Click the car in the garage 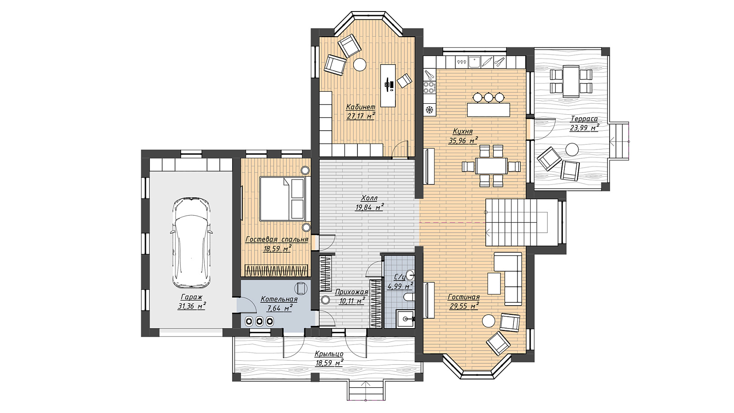[x=191, y=243]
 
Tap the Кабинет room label [x=361, y=107]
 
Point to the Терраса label [x=584, y=119]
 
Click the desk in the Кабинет [x=388, y=85]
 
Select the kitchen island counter [x=489, y=110]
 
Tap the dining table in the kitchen [x=491, y=166]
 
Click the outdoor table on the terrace [x=571, y=81]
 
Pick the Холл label [x=369, y=198]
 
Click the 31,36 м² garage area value [x=192, y=306]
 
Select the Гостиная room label [x=464, y=297]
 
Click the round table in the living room [x=489, y=321]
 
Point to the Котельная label [x=279, y=299]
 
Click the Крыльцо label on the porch [x=329, y=354]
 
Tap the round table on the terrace [x=572, y=150]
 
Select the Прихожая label [x=351, y=292]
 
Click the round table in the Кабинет [x=360, y=64]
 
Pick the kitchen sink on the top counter [x=474, y=62]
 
